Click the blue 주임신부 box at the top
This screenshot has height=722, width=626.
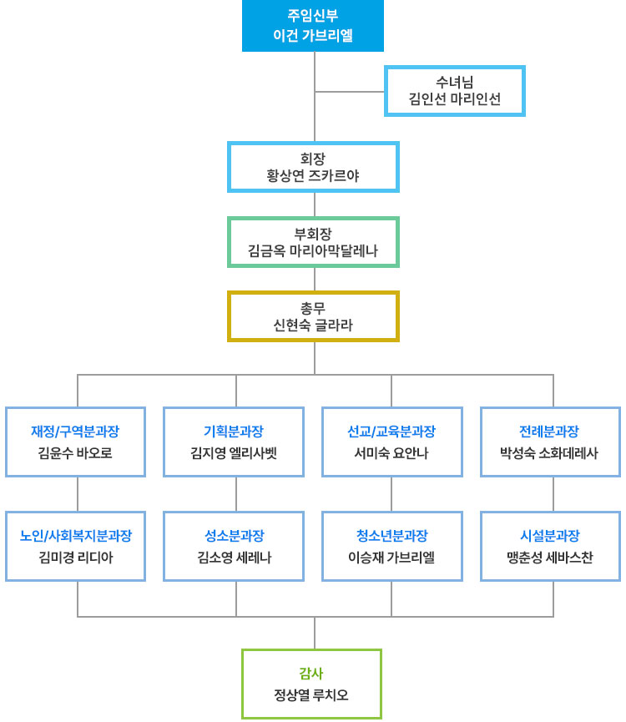[x=313, y=26]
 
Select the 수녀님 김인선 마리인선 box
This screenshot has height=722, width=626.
[x=455, y=91]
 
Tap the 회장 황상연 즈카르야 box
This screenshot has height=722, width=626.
[x=313, y=166]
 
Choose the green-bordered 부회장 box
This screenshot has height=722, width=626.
[x=313, y=241]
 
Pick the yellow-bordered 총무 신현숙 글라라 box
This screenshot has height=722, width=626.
[x=313, y=316]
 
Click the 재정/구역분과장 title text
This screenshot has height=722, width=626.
[x=75, y=432]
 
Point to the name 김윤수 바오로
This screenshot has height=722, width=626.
[x=75, y=453]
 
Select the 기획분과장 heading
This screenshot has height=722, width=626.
[x=234, y=432]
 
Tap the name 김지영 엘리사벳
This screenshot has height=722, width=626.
[x=234, y=453]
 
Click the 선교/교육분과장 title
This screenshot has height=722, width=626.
[x=391, y=432]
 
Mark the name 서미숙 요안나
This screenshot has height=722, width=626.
[x=391, y=453]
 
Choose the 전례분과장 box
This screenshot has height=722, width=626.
[x=549, y=442]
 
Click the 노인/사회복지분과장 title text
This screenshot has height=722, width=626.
[x=75, y=535]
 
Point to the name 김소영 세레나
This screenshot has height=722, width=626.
[x=234, y=557]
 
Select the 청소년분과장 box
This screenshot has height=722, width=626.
[x=391, y=546]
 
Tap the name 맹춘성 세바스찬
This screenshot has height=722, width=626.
[x=549, y=557]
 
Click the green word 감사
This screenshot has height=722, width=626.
[x=311, y=673]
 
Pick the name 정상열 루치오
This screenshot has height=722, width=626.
[x=311, y=694]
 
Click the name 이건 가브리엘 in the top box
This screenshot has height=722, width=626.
[x=313, y=36]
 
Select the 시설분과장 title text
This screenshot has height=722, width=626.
[x=549, y=535]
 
